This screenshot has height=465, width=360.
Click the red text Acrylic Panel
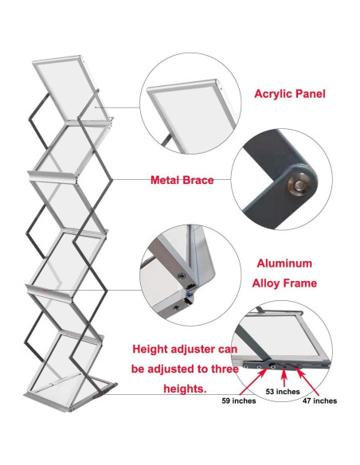(289, 93)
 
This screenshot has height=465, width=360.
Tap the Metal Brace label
(182, 181)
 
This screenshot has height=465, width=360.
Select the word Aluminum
(284, 263)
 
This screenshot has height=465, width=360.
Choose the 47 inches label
(319, 401)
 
